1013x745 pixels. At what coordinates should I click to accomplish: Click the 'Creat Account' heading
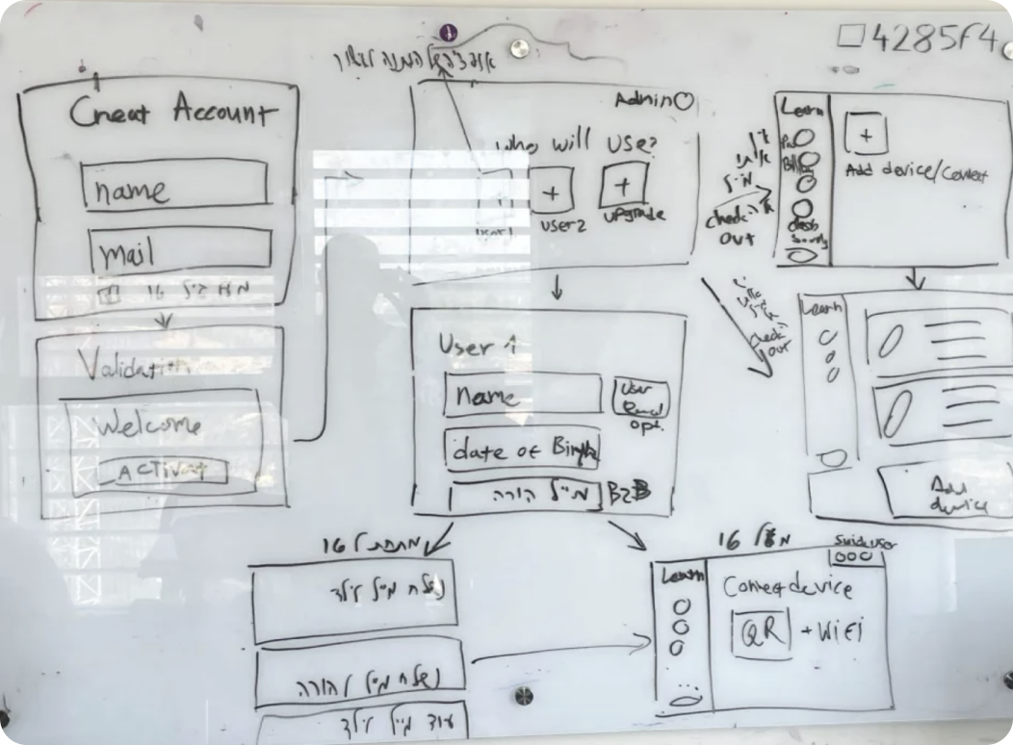171,115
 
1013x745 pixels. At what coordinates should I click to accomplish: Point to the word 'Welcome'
151,424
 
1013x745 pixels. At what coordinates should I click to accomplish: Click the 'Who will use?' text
575,145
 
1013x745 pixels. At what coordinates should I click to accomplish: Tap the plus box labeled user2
552,191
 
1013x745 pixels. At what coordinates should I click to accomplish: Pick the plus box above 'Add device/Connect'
865,136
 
